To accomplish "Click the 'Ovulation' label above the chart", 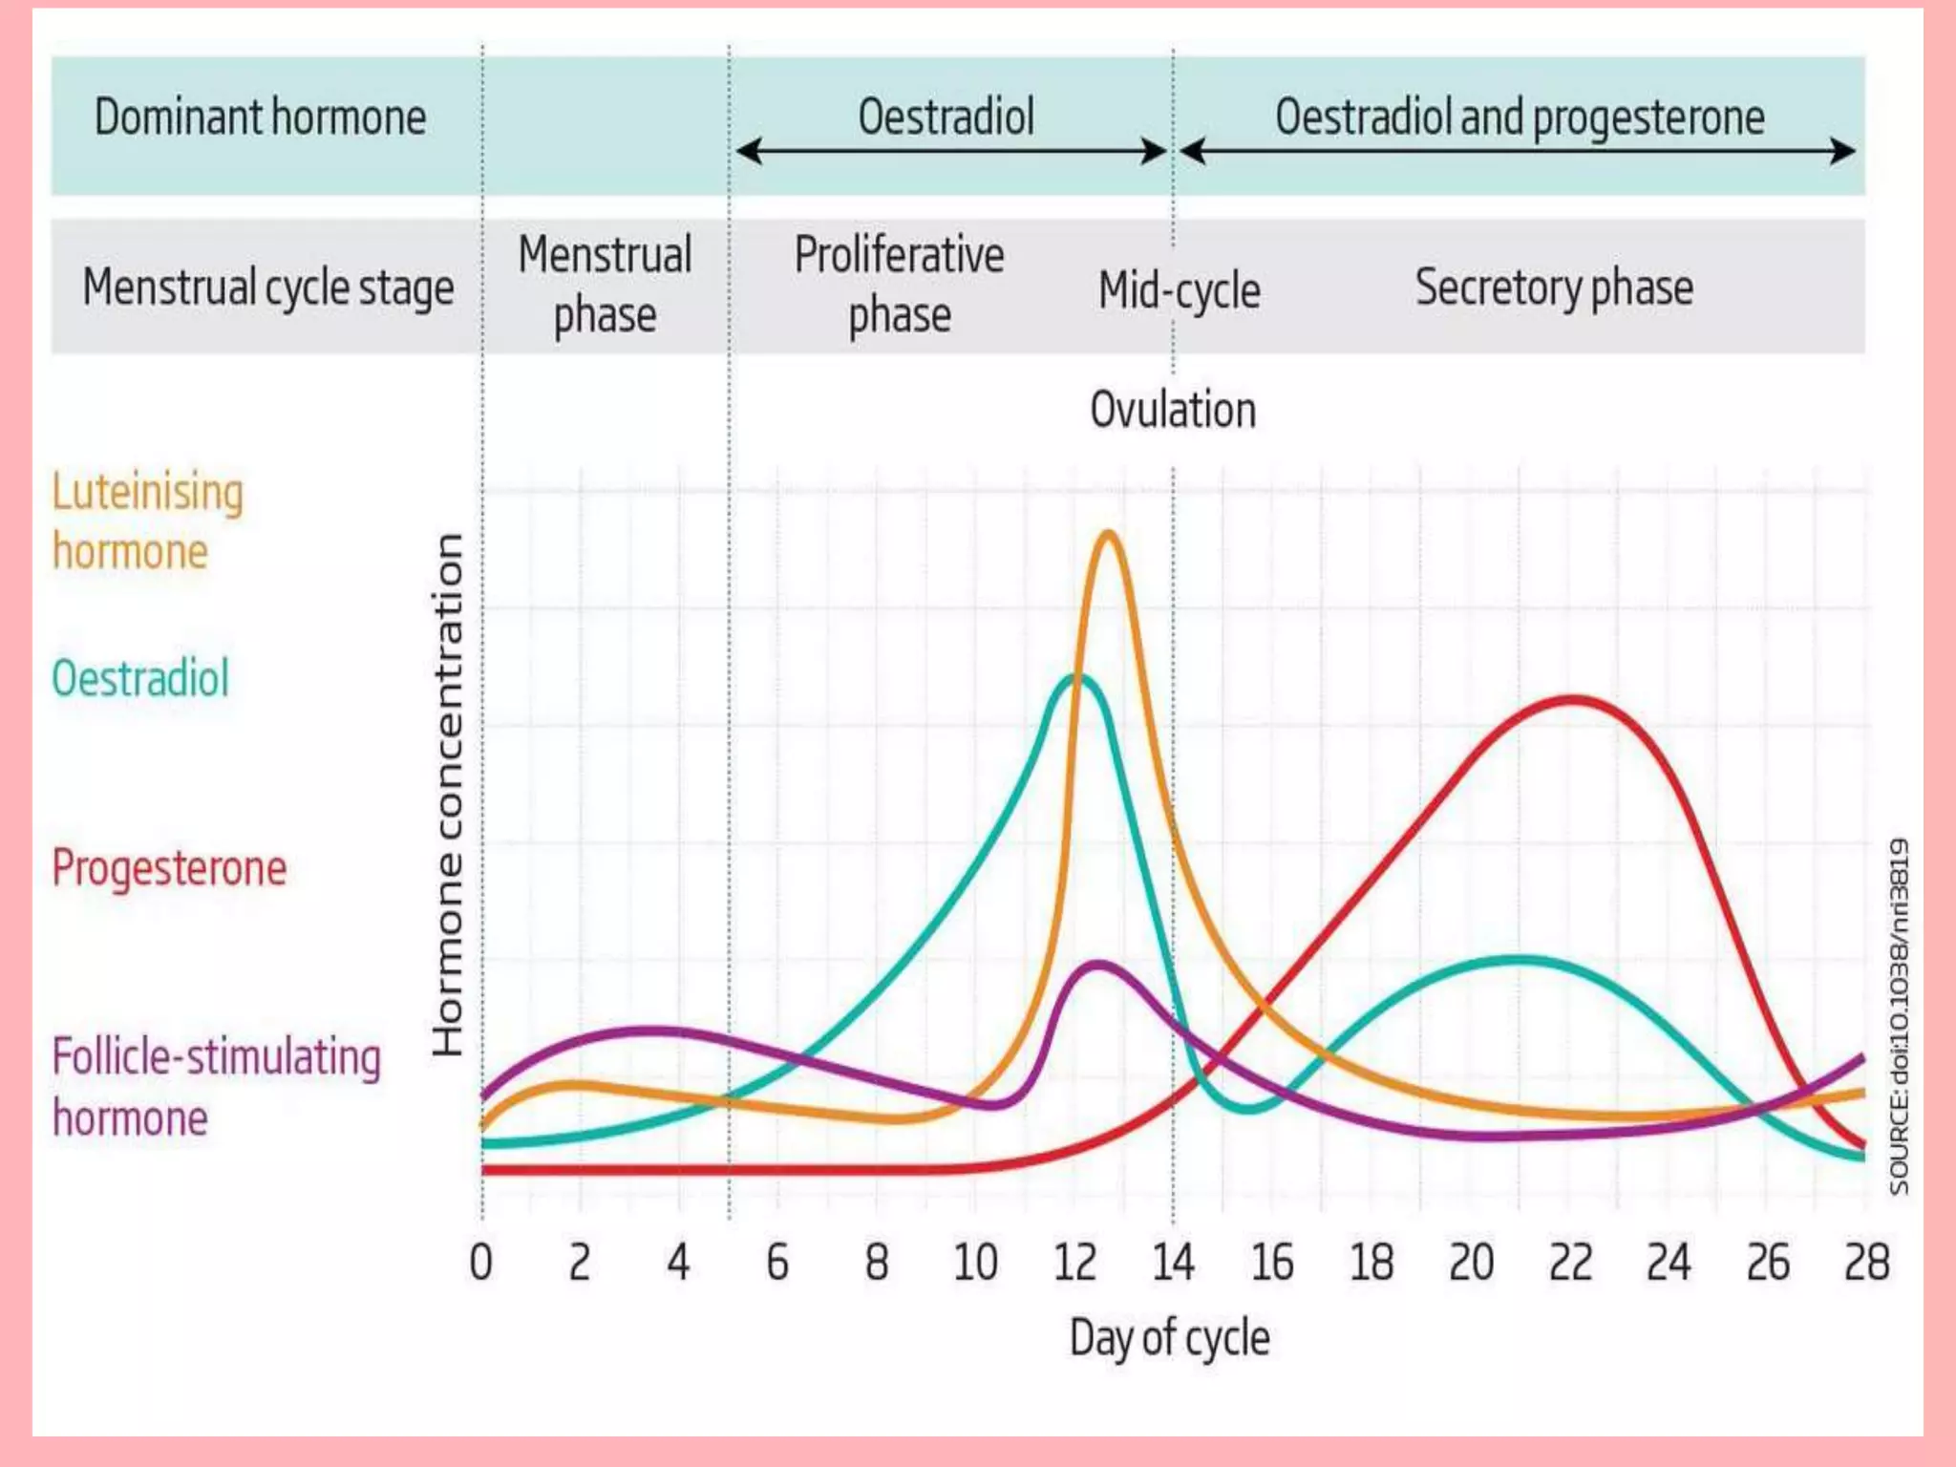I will [x=1173, y=410].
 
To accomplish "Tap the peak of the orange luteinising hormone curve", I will [x=1108, y=535].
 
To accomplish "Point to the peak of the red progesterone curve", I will [x=1572, y=700].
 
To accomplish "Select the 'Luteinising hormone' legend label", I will [x=147, y=521].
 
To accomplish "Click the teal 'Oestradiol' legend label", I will [x=140, y=679].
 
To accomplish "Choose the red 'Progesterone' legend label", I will [x=169, y=868].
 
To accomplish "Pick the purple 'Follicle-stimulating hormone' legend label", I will [x=216, y=1087].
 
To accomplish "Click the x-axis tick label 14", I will [x=1173, y=1263].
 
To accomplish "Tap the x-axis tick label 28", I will [x=1866, y=1263].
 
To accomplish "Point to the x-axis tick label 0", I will [x=481, y=1263].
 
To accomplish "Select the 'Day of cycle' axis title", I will [x=1169, y=1337].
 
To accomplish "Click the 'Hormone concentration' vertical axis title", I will [x=447, y=795].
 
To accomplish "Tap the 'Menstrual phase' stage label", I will [x=605, y=285].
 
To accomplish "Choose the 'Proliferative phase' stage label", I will [x=899, y=285].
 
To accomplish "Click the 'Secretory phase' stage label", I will [x=1554, y=287].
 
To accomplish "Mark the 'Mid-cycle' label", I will [x=1180, y=290].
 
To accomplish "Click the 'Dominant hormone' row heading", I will [x=260, y=117].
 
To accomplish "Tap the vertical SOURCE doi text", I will [x=1899, y=1017].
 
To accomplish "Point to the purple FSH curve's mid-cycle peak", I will [x=1098, y=965].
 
